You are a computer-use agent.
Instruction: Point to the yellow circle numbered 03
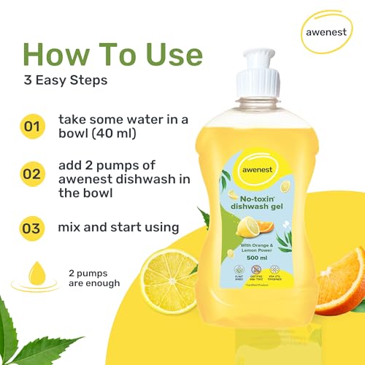pos(31,228)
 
